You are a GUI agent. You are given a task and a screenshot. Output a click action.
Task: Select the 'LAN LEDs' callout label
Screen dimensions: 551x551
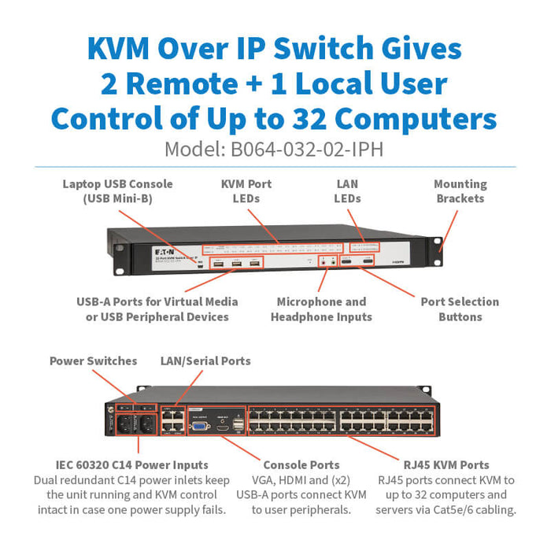coord(347,191)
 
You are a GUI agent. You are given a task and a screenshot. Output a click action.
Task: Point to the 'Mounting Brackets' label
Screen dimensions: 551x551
coord(460,191)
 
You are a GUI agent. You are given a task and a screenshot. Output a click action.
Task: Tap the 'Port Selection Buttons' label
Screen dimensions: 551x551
coord(460,309)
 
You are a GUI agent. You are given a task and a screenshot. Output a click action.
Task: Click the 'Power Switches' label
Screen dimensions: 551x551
coord(93,361)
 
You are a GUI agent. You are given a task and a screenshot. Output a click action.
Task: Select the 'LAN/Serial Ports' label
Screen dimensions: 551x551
coord(205,361)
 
